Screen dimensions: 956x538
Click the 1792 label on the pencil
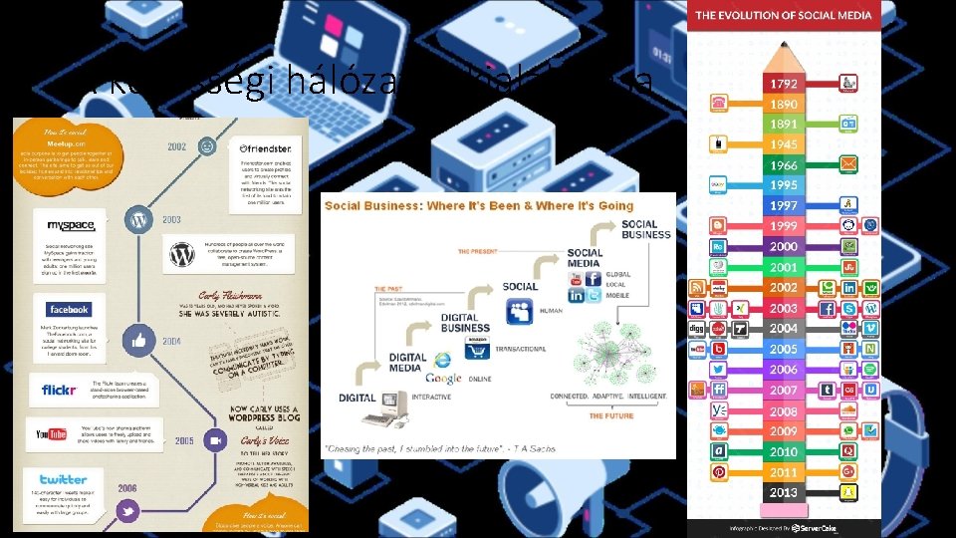coord(783,83)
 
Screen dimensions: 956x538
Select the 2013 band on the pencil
coord(783,492)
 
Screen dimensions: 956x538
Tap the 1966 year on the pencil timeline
coord(783,165)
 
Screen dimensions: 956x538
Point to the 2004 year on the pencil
coord(783,328)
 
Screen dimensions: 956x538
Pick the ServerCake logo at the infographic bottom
coord(814,527)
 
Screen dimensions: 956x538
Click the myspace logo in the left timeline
coord(63,225)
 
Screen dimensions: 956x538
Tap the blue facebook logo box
coord(68,309)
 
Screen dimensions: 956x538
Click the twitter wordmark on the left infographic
coord(64,479)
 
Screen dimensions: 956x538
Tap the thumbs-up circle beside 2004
coord(138,342)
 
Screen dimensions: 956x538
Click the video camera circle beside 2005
coord(214,439)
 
